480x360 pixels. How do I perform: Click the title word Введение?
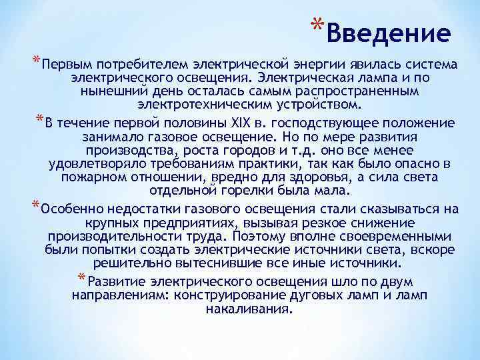pyautogui.click(x=389, y=32)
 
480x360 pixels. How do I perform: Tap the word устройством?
pyautogui.click(x=313, y=105)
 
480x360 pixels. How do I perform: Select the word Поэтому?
pyautogui.click(x=257, y=236)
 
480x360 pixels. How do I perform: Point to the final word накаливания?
pyautogui.click(x=249, y=309)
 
